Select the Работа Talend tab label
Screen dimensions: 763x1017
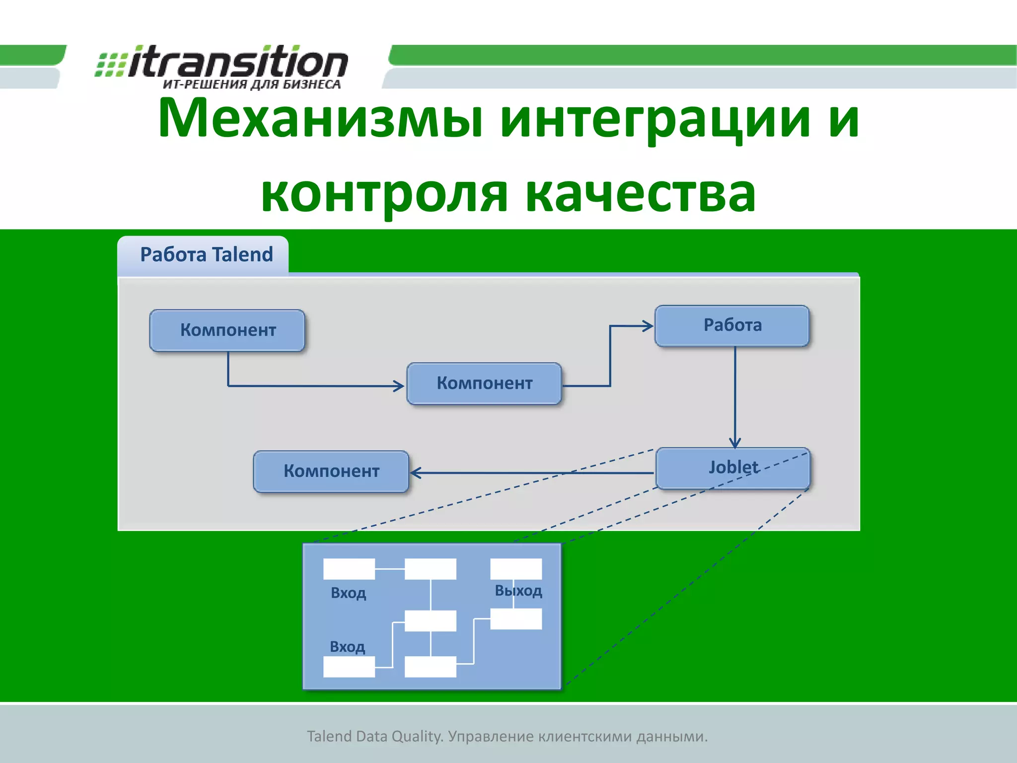pyautogui.click(x=206, y=255)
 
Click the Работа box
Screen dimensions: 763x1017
pyautogui.click(x=732, y=325)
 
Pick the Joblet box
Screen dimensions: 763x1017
pyautogui.click(x=733, y=468)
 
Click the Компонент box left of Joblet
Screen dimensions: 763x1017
pyautogui.click(x=331, y=471)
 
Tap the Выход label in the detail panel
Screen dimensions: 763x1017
pyautogui.click(x=518, y=591)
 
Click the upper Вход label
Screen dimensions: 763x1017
pyautogui.click(x=348, y=593)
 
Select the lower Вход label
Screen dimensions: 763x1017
pyautogui.click(x=347, y=647)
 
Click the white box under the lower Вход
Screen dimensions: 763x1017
pyautogui.click(x=349, y=667)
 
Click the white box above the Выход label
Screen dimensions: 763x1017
pyautogui.click(x=516, y=569)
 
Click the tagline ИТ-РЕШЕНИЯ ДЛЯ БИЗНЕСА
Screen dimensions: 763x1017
pyautogui.click(x=252, y=84)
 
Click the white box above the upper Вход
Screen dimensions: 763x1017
pyautogui.click(x=349, y=569)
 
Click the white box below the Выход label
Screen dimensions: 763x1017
pyautogui.click(x=516, y=619)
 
